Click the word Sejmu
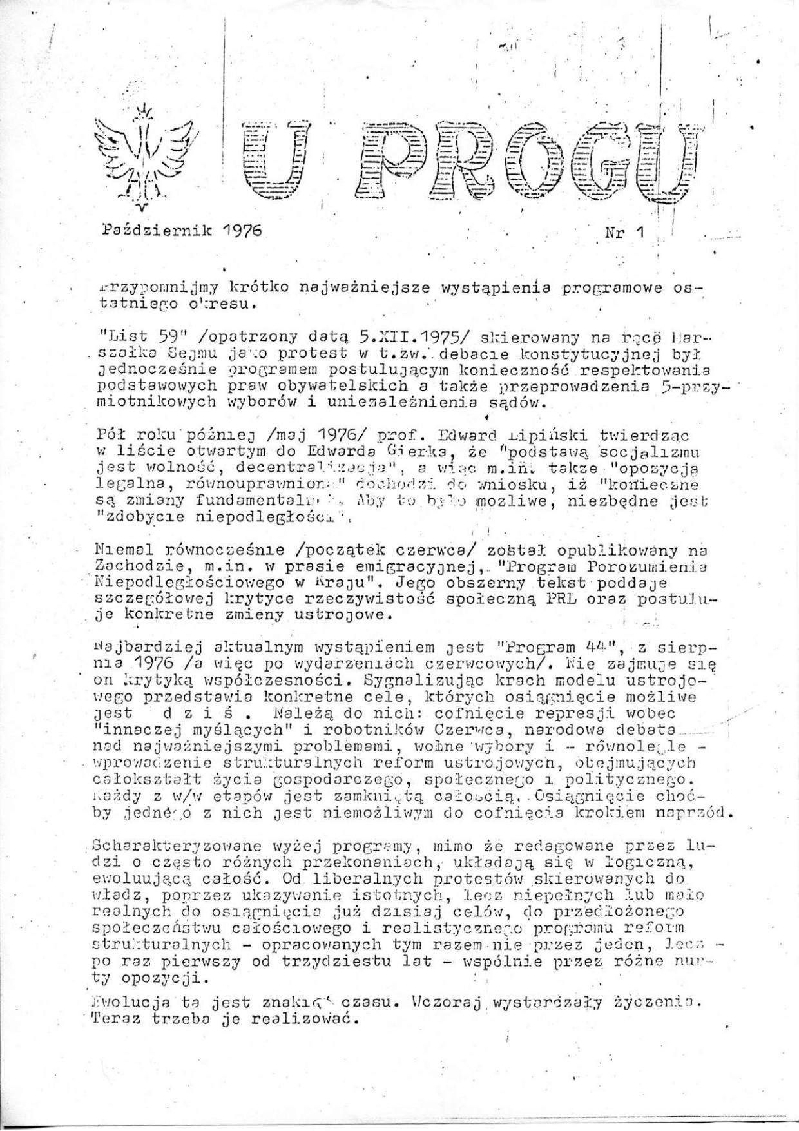point(193,353)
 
